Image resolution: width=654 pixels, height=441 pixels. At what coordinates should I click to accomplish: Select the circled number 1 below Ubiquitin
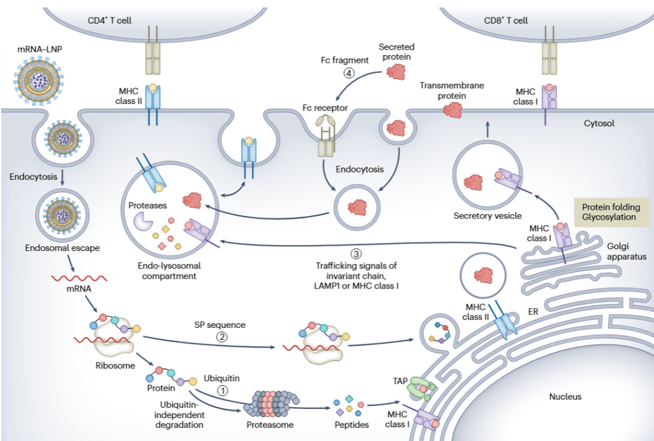coord(222,390)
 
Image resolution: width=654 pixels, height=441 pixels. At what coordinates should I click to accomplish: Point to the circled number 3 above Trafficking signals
coord(356,253)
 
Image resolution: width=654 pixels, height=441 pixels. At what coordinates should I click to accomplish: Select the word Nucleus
coord(565,397)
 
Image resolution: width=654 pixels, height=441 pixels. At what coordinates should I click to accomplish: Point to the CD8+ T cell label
coord(506,21)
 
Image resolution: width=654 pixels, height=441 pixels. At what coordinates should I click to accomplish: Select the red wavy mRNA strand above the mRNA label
coord(79,279)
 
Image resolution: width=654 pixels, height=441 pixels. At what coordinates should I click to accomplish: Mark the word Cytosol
coord(599,123)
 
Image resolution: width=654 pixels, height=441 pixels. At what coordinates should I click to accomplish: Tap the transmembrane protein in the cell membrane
coord(451,110)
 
